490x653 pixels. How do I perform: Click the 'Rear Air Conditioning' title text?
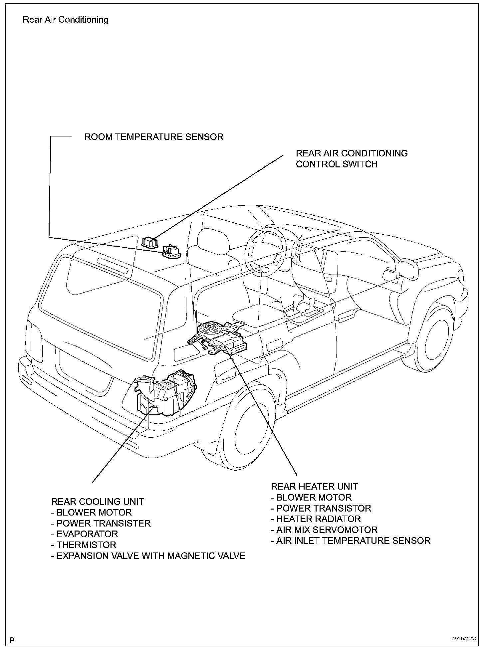66,20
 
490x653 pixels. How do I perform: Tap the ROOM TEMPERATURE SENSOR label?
154,137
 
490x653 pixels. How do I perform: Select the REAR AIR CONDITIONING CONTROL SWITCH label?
352,158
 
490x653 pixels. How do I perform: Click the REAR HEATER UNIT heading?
314,487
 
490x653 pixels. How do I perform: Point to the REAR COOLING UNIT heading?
98,502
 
